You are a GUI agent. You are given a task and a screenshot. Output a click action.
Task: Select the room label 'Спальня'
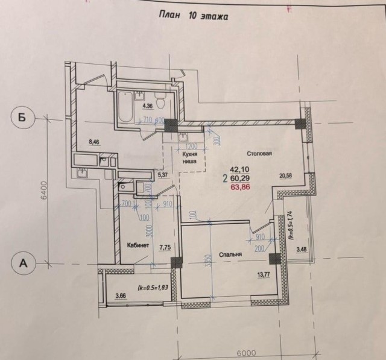pos(230,255)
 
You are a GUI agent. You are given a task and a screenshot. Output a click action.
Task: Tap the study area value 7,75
pos(163,246)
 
